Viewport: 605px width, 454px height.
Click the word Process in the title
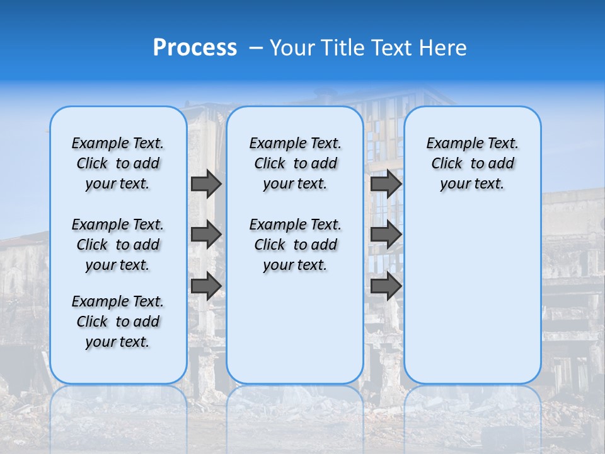click(195, 48)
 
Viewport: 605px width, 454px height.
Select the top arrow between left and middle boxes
click(206, 183)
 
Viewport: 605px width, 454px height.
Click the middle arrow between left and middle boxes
click(206, 235)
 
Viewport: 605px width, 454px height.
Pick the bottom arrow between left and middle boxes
click(206, 286)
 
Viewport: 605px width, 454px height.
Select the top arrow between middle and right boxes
click(386, 183)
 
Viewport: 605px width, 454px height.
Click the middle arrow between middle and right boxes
click(386, 235)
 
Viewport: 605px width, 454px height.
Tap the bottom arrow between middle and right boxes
click(386, 286)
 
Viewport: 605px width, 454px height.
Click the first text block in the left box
click(118, 163)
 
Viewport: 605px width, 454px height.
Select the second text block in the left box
click(118, 245)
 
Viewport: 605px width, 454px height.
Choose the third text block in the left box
click(118, 322)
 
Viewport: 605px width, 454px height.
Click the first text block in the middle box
click(295, 163)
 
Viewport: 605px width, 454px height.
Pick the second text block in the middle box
click(295, 245)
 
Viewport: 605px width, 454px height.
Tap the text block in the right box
click(472, 163)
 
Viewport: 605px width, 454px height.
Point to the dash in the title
click(256, 49)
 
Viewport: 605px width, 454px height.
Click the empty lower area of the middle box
click(295, 328)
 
